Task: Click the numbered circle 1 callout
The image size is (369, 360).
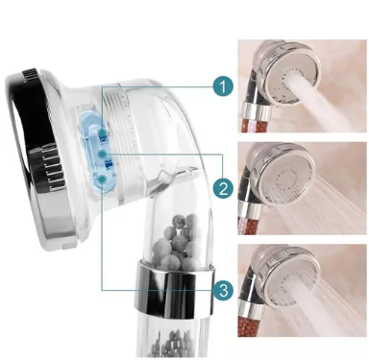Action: (x=223, y=86)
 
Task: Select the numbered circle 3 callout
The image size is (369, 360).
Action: (x=224, y=291)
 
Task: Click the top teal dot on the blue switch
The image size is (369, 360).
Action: (x=102, y=132)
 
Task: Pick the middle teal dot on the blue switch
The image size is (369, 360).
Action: (x=102, y=155)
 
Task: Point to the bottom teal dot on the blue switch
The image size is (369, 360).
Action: (x=102, y=180)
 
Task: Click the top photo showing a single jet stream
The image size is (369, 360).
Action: (x=302, y=85)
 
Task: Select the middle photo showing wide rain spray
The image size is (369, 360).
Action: (x=302, y=188)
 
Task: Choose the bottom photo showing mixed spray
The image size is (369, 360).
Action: (x=302, y=291)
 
